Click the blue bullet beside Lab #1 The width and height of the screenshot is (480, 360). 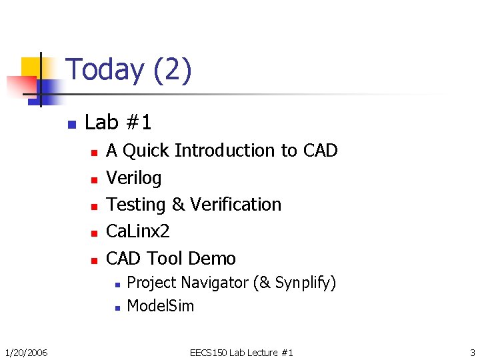tap(72, 124)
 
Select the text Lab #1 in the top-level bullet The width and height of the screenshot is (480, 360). tap(118, 123)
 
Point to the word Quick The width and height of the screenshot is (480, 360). tap(146, 151)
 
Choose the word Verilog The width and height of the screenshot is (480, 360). tap(134, 178)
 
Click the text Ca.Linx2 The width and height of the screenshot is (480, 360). tap(138, 231)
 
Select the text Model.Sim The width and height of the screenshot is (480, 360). tap(160, 306)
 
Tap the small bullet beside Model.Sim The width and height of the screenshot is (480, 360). tap(116, 307)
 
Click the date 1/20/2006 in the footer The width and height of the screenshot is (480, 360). tap(26, 352)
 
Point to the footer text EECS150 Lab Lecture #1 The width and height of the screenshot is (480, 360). tap(241, 352)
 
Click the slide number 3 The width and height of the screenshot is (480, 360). tap(472, 352)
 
